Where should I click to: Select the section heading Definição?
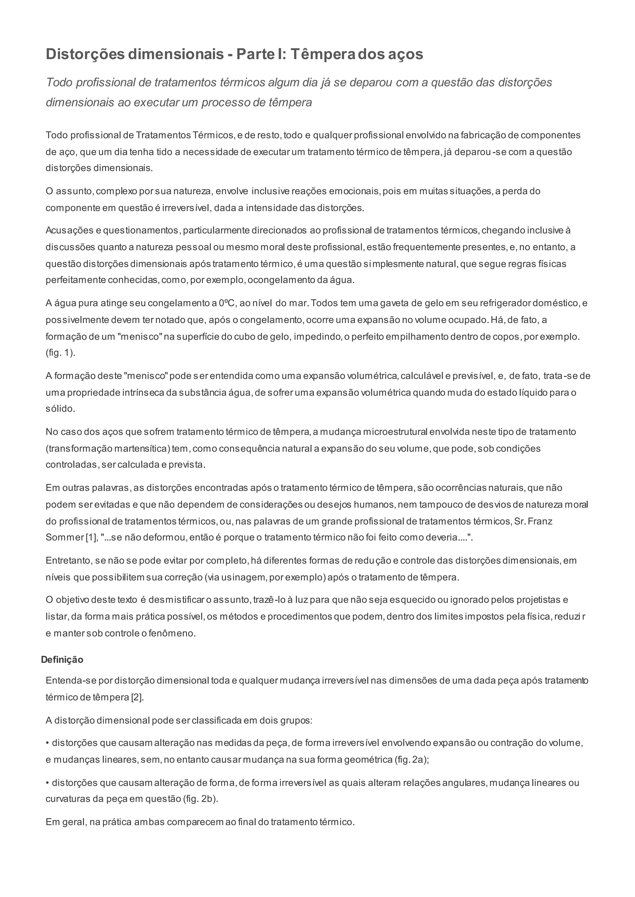coord(62,660)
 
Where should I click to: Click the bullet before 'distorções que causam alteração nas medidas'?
coord(48,743)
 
